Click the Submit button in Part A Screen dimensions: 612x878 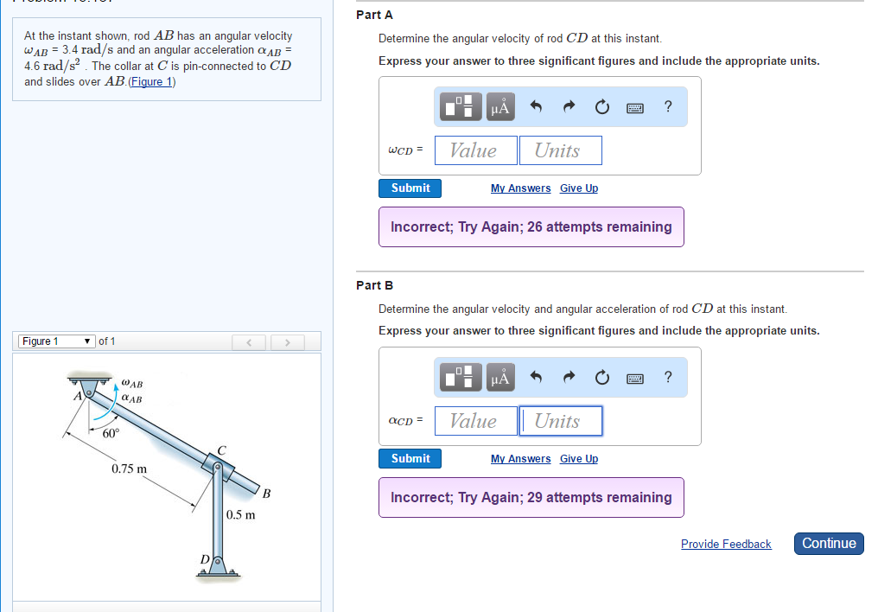point(410,188)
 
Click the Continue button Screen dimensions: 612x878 point(828,544)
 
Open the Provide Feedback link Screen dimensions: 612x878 point(726,545)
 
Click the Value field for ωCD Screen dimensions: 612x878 point(475,150)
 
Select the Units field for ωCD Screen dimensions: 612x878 point(560,150)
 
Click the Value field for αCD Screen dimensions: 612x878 point(475,421)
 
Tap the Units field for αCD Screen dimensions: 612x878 point(560,421)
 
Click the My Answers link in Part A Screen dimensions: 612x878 point(520,188)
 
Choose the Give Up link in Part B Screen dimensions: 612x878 point(578,459)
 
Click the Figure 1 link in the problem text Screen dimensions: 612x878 point(152,81)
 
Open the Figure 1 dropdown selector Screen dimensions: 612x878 point(56,341)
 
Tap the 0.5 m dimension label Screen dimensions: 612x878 point(241,515)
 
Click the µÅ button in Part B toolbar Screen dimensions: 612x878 point(500,377)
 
